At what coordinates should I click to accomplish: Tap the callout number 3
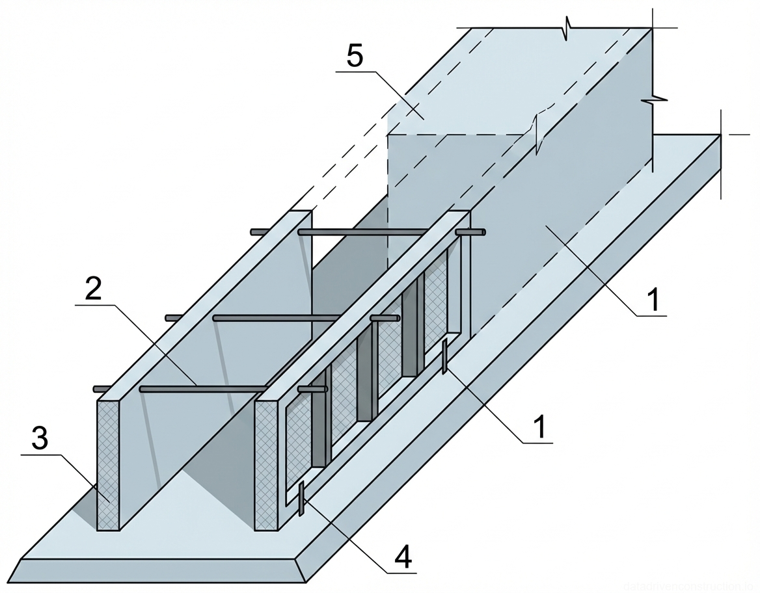(x=40, y=440)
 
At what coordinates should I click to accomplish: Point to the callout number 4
(x=403, y=558)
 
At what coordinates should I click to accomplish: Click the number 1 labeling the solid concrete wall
(x=653, y=300)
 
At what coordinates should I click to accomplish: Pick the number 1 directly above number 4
(x=539, y=427)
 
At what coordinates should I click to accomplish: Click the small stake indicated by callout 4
(x=301, y=499)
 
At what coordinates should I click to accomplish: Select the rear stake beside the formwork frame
(x=444, y=356)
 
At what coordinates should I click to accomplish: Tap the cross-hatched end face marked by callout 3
(x=109, y=466)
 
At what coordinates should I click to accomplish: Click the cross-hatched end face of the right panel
(x=266, y=466)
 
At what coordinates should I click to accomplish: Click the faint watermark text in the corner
(x=689, y=586)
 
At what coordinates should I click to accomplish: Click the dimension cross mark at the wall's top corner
(x=653, y=29)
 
